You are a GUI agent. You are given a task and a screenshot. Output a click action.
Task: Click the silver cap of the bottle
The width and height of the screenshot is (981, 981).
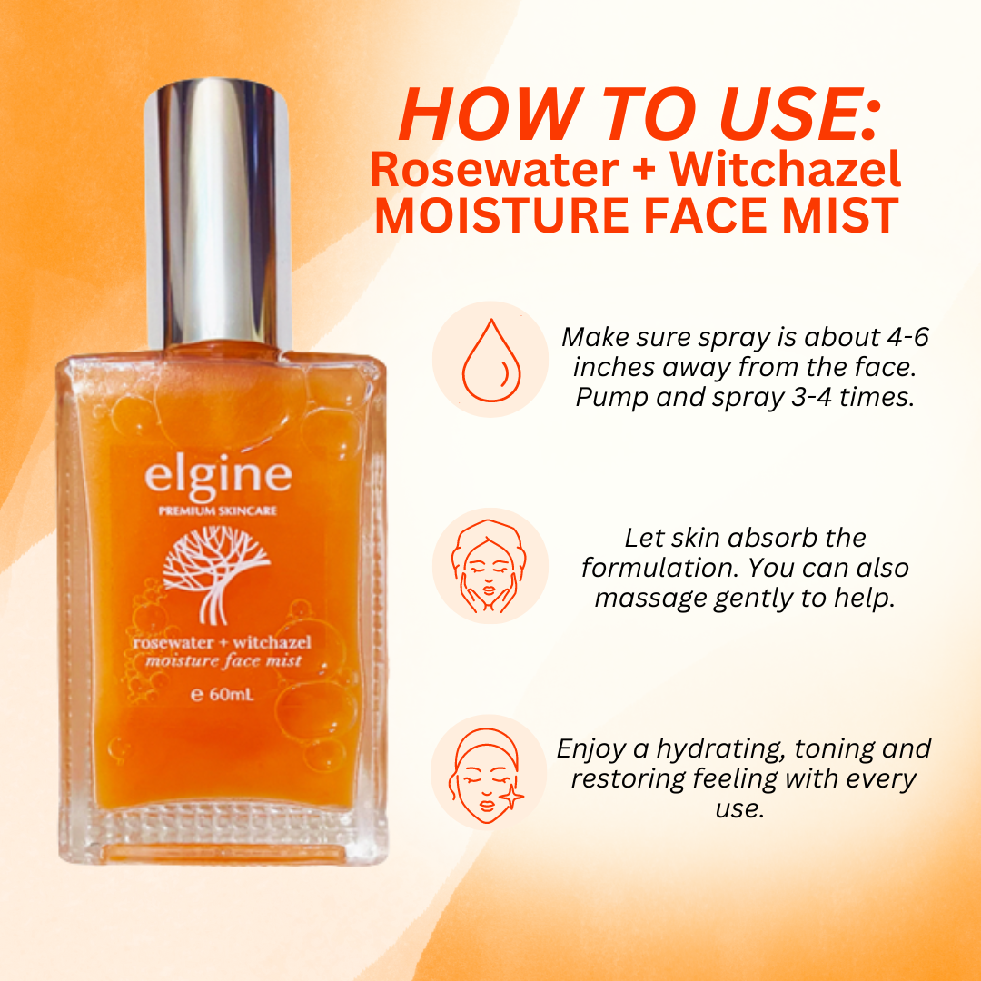[217, 213]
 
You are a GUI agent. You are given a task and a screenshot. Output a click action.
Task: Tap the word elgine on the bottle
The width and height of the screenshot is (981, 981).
[218, 477]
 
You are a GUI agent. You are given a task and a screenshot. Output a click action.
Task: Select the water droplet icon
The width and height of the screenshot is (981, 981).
[491, 360]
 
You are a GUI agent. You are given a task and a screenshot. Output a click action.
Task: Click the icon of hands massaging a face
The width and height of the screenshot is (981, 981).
[489, 566]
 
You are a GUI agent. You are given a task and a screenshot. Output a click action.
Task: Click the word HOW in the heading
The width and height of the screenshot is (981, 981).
[488, 115]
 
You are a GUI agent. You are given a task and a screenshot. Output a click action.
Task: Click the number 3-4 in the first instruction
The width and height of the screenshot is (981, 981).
[811, 397]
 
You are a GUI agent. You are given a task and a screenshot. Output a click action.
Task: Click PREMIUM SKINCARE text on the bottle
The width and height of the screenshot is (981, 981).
[218, 511]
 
